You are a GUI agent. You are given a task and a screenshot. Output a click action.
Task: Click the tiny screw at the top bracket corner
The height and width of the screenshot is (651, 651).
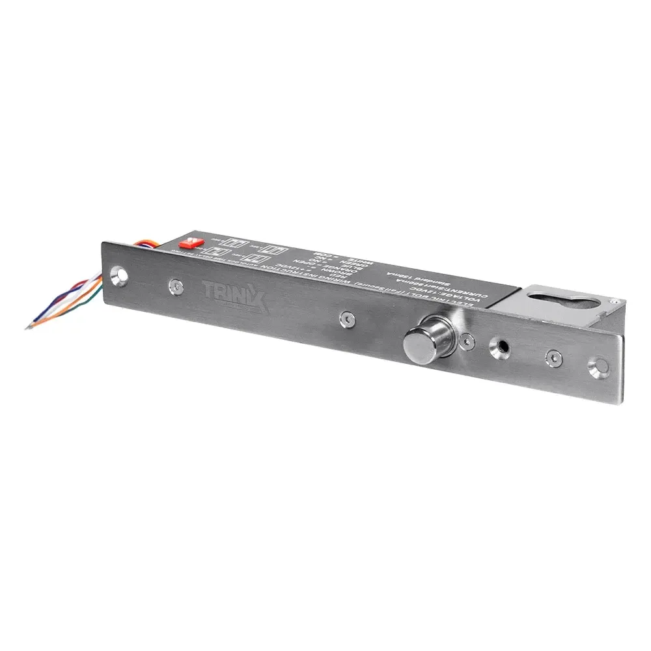[614, 301]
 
